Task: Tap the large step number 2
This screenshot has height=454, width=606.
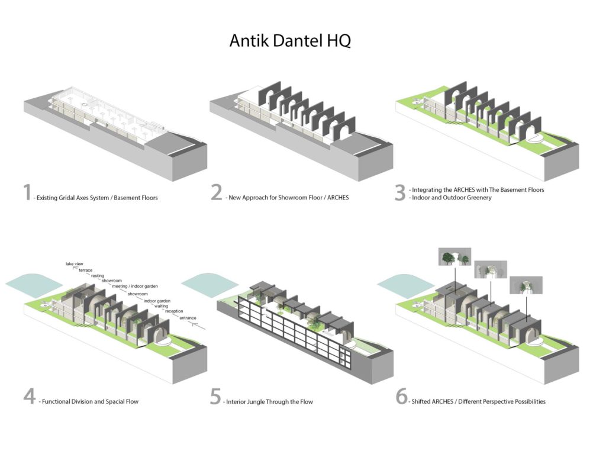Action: [217, 193]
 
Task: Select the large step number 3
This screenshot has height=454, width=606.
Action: [401, 193]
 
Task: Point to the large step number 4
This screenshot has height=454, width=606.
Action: [30, 397]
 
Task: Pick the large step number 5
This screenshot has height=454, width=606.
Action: [215, 397]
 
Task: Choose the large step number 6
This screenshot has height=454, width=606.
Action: [402, 397]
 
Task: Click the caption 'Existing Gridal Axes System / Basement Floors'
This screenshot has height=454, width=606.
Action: [98, 198]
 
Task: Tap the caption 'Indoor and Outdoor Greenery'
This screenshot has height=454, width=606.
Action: [450, 198]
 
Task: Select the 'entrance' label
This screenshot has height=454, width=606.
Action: [188, 318]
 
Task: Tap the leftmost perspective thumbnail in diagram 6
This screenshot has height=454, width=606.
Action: [454, 257]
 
